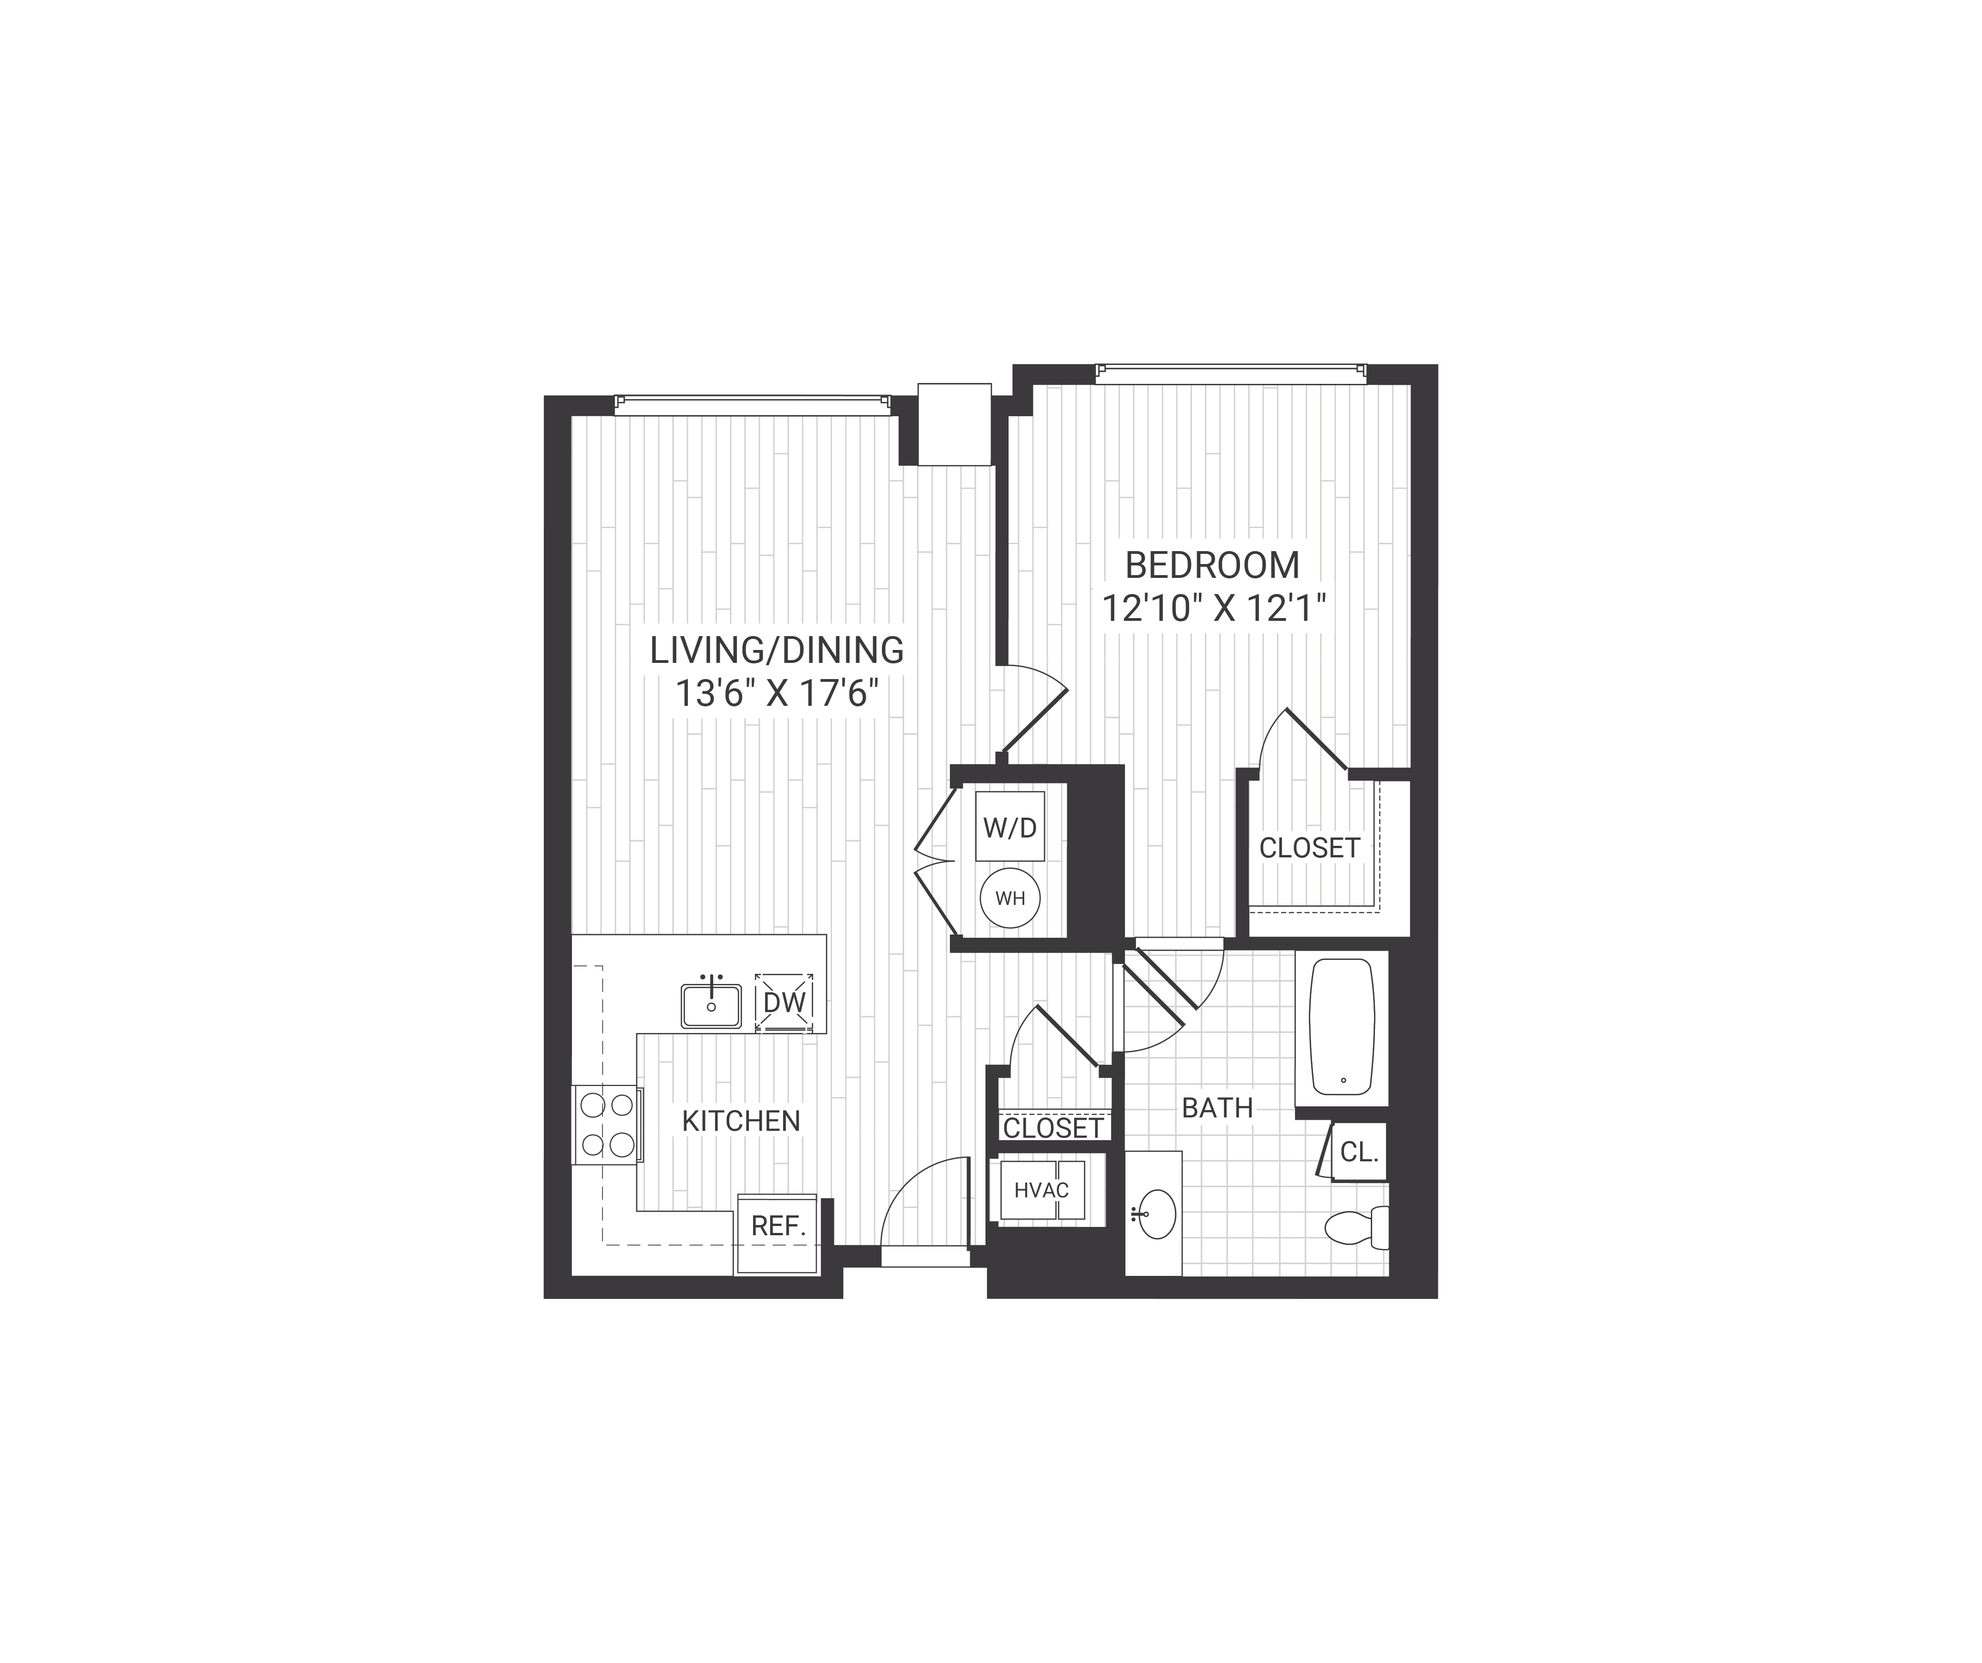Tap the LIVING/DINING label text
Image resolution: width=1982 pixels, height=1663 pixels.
pyautogui.click(x=777, y=650)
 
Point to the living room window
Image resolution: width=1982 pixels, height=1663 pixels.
pyautogui.click(x=752, y=405)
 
